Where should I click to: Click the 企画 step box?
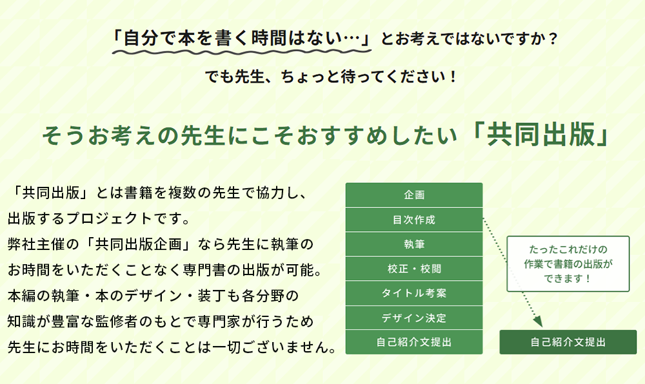pos(414,195)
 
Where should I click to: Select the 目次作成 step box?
pos(414,220)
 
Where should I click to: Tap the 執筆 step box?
pos(414,244)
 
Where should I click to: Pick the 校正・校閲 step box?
pos(414,269)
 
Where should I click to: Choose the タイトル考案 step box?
pos(414,293)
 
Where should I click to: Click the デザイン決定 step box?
pos(414,318)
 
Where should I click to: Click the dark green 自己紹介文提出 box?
pos(568,341)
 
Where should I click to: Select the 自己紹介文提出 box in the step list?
pos(414,341)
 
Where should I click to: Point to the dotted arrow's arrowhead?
pos(538,322)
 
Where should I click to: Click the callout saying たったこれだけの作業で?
pos(568,264)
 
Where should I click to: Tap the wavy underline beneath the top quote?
pos(242,52)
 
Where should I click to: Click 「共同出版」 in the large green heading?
pos(542,135)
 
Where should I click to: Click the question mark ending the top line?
pos(553,39)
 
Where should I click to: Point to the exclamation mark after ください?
pos(453,77)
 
